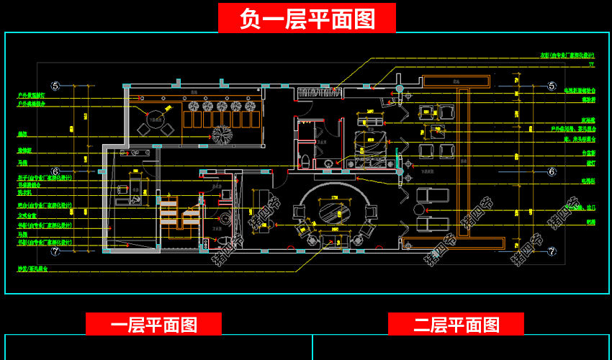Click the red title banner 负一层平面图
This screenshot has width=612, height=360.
(307, 18)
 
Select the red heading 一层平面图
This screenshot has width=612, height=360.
(153, 325)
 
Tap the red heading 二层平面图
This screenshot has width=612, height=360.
(456, 325)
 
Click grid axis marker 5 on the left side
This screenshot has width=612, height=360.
(55, 86)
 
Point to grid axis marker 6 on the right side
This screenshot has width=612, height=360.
(552, 171)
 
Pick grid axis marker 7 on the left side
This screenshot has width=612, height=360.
(55, 252)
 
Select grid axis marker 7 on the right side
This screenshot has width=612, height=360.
(552, 252)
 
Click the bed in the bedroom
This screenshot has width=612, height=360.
(374, 143)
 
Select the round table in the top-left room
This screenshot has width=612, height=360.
(156, 117)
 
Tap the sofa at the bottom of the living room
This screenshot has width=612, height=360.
(333, 240)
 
